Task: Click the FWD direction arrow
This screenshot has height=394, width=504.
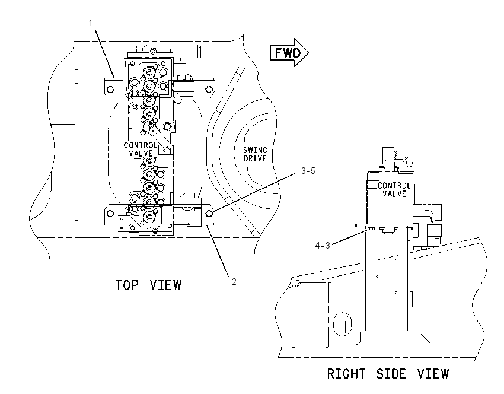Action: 289,52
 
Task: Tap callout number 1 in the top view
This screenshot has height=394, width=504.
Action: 91,23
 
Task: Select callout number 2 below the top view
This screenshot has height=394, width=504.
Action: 234,282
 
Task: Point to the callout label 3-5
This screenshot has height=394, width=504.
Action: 308,171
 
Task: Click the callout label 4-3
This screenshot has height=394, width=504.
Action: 323,246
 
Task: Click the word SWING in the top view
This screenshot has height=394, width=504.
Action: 255,150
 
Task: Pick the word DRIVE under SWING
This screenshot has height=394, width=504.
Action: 255,158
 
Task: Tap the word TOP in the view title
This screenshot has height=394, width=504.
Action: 127,285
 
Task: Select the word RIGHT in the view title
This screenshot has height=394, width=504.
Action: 346,374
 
